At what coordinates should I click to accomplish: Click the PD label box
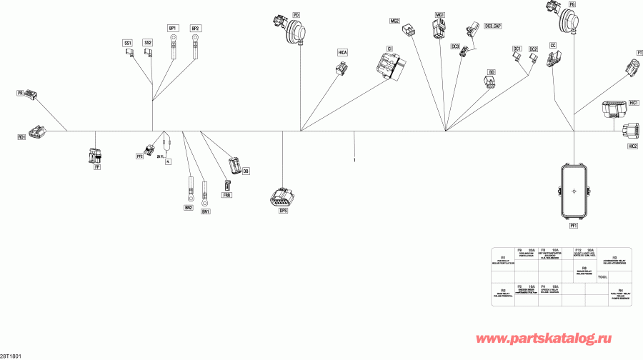coord(296,14)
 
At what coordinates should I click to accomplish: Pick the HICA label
coord(343,53)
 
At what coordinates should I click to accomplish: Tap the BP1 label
coord(173,28)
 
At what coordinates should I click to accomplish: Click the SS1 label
coord(128,43)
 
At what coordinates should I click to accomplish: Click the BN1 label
coord(206,211)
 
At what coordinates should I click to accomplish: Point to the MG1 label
coord(440,14)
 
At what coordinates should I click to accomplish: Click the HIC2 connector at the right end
coord(630,132)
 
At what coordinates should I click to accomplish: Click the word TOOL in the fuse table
coord(602,276)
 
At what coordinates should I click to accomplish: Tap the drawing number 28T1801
coord(11,355)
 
